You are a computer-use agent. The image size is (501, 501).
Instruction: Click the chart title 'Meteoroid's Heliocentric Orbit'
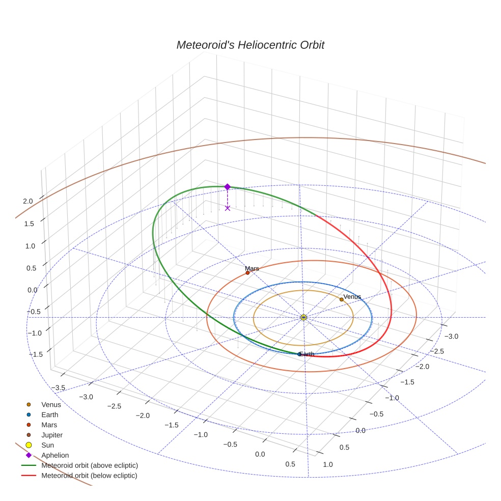click(x=250, y=45)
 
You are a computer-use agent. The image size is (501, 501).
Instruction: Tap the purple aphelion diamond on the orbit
click(x=228, y=187)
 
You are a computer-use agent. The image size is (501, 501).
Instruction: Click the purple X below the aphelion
click(x=228, y=208)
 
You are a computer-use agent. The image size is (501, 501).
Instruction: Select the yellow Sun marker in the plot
click(x=303, y=318)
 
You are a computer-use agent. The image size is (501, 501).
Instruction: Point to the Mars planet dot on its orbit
click(x=248, y=273)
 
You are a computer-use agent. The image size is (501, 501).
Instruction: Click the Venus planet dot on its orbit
click(x=342, y=299)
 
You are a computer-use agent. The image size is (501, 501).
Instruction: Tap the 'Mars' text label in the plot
click(x=252, y=268)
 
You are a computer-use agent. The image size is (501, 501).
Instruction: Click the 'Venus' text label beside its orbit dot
click(x=352, y=297)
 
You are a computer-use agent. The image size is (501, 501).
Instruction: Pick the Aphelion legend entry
click(x=55, y=456)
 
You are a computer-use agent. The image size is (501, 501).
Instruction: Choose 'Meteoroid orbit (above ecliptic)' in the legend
click(x=90, y=465)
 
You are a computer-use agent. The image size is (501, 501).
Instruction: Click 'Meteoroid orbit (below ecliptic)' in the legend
click(x=90, y=476)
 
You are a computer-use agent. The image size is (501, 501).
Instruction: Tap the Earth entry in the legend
click(x=50, y=415)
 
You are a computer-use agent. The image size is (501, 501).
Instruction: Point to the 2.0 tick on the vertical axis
click(x=27, y=201)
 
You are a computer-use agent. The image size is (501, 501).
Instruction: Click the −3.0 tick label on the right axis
click(x=451, y=337)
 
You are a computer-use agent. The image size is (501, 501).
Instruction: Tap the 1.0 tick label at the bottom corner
click(x=328, y=464)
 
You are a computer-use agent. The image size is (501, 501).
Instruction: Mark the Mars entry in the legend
click(x=49, y=425)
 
